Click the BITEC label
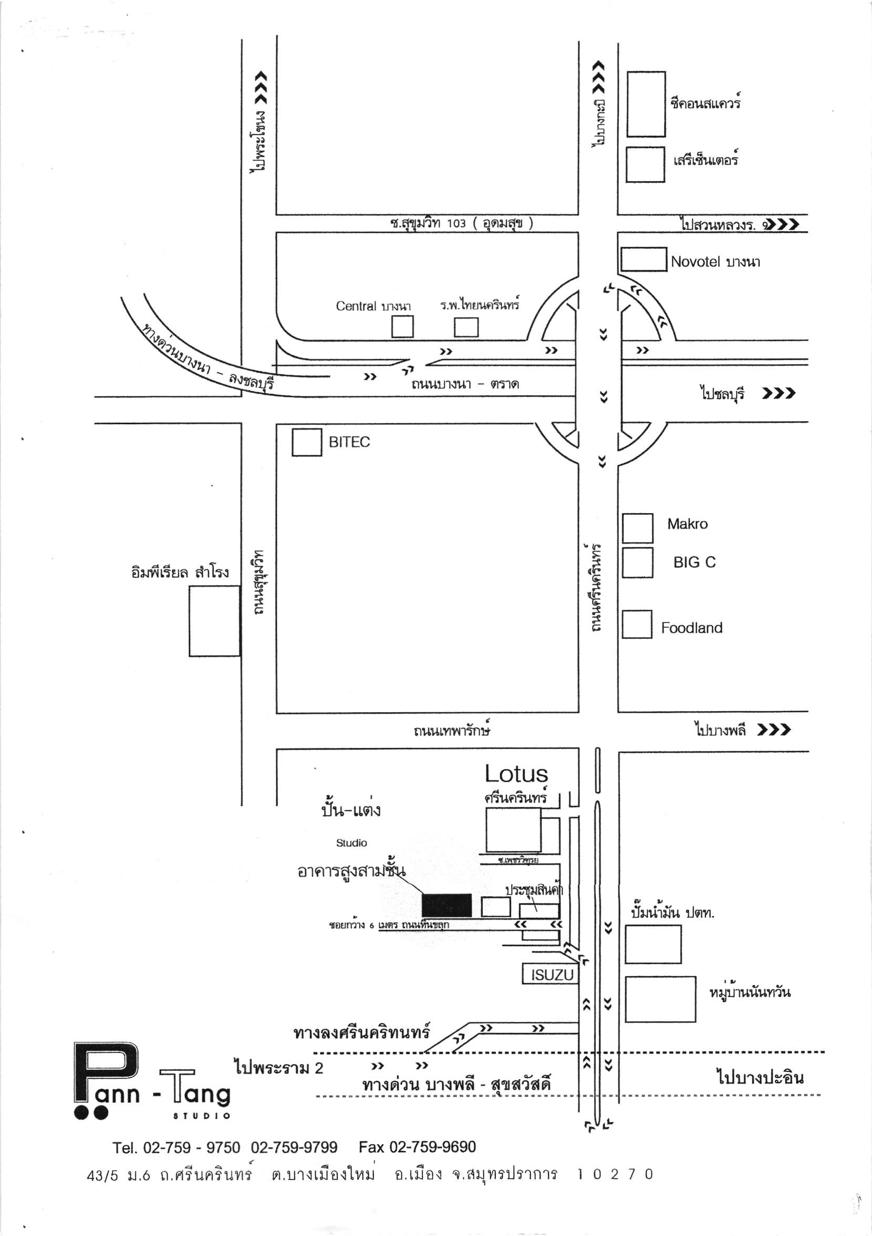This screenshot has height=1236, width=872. [x=349, y=442]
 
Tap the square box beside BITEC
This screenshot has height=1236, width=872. [x=307, y=442]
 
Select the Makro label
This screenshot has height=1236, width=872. [x=687, y=524]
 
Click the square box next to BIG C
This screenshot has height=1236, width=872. [x=638, y=563]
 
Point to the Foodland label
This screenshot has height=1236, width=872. [x=691, y=628]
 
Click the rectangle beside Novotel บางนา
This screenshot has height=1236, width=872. [x=643, y=260]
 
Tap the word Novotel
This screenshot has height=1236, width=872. [x=695, y=262]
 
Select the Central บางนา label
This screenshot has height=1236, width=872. [x=373, y=307]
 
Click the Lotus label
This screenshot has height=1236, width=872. [x=516, y=774]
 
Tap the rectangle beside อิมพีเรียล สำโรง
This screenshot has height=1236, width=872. [x=214, y=621]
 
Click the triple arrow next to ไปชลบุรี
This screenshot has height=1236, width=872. [x=778, y=394]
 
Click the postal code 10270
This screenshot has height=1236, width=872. [x=615, y=1174]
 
